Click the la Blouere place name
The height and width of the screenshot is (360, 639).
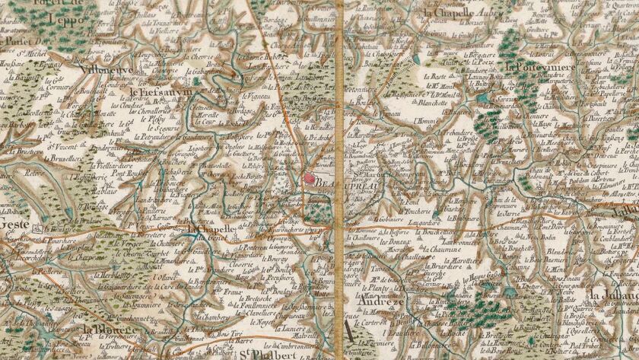tap(113, 330)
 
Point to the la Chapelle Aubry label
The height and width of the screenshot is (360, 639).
tap(457, 13)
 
